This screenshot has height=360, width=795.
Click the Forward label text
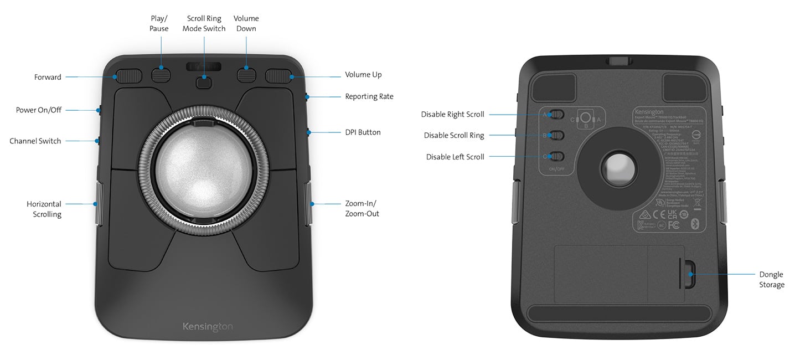(48, 77)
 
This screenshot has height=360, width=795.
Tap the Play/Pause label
(159, 23)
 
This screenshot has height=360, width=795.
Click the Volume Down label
(246, 23)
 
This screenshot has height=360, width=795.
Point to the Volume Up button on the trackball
(278, 76)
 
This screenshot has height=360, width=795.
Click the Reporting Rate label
(369, 96)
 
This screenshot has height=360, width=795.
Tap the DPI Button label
(363, 132)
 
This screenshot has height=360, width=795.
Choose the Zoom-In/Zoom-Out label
(362, 208)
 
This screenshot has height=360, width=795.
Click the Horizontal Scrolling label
(44, 209)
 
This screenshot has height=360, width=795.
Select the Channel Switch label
(35, 141)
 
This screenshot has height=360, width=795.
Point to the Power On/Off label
(39, 110)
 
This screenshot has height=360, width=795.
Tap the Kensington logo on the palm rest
(208, 327)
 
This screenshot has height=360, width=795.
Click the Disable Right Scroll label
(452, 115)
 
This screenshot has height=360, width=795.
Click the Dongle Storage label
(771, 280)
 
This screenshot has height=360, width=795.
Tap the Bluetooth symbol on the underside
(696, 224)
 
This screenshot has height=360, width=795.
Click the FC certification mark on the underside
(674, 225)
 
